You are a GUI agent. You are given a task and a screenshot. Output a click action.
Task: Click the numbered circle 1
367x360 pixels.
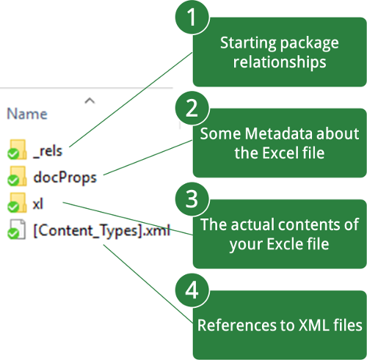coord(192,17)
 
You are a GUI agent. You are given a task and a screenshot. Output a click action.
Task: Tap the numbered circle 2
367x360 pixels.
coord(192,109)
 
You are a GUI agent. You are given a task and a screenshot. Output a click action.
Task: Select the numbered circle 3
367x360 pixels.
coord(192,199)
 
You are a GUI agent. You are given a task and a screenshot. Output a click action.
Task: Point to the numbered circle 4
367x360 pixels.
coord(192,290)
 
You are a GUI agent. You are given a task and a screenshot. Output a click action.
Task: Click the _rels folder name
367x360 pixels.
coord(48,151)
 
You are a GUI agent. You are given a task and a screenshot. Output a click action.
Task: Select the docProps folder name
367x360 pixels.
coord(65,177)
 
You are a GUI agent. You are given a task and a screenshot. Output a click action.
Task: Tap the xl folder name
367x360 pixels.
coord(38,203)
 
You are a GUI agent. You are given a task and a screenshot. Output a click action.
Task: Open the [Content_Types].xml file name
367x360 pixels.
coord(101,230)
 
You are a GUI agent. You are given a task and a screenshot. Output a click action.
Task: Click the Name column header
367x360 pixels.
coord(27,114)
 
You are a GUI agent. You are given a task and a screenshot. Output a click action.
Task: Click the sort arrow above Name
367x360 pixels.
coord(90,100)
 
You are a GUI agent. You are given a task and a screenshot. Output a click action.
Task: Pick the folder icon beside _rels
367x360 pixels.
coord(17,150)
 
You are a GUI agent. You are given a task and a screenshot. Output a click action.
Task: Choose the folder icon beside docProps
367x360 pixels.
coord(17,176)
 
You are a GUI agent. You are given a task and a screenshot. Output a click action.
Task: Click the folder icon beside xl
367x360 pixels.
coord(17,202)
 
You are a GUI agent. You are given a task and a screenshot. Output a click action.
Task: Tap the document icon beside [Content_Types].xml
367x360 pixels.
coord(17,229)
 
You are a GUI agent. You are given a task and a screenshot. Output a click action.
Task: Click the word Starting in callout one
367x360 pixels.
coord(248,43)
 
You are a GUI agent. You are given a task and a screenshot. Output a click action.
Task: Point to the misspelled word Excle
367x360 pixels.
coord(281,244)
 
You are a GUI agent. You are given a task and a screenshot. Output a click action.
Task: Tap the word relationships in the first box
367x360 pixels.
coord(280,62)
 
